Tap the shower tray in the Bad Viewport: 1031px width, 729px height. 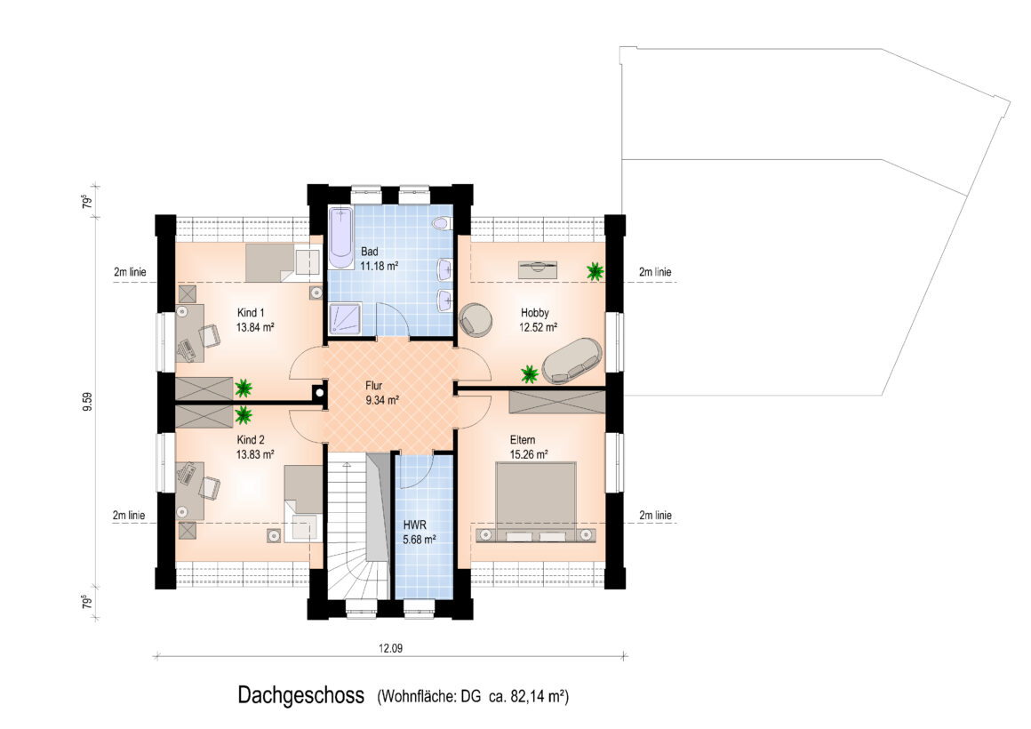pos(345,318)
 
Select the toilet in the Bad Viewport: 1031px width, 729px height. pos(441,224)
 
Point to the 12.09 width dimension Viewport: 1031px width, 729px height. pos(390,648)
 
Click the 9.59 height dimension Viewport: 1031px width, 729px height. pos(87,402)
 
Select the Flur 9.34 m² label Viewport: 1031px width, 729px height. pos(382,393)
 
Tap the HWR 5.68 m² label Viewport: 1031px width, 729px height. pos(420,533)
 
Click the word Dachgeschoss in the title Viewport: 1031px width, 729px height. pos(301,695)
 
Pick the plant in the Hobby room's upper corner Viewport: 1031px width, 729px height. pos(595,270)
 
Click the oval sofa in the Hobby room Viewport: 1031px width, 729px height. pos(572,360)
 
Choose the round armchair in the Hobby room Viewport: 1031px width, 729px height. pos(476,318)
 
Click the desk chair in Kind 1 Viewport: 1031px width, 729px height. pos(210,335)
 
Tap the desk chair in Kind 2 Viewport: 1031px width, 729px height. pos(210,487)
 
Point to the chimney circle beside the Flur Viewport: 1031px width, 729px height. pos(319,393)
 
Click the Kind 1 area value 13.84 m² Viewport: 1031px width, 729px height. pos(255,327)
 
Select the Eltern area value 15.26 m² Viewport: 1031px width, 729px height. pos(529,454)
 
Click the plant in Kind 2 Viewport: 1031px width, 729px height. pos(244,415)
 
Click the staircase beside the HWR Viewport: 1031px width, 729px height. pos(358,526)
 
